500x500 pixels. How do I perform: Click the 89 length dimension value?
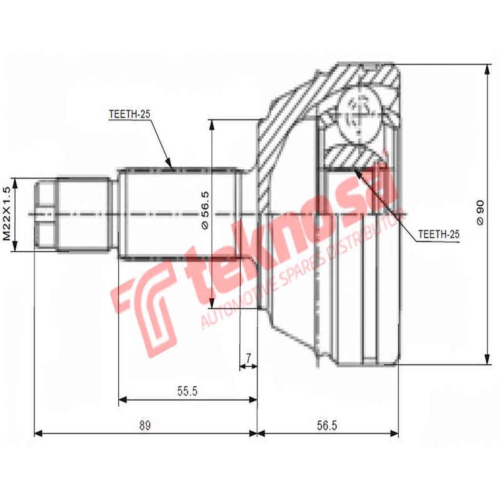click(x=144, y=426)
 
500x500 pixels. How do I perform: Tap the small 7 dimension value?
click(x=248, y=358)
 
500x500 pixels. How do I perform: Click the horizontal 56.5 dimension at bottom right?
click(x=326, y=426)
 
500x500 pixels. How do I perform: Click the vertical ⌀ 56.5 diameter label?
click(x=204, y=212)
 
